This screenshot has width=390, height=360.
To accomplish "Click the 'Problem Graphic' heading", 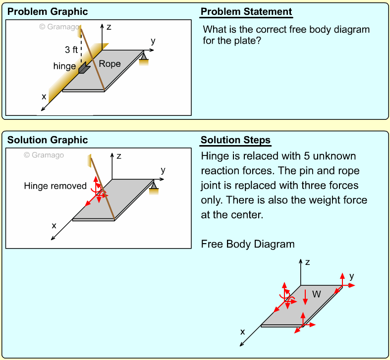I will click(48, 12).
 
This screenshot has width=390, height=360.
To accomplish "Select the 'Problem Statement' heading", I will click(246, 12).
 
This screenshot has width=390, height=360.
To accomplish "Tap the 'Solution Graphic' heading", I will click(48, 140).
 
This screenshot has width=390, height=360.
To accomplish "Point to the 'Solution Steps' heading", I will click(235, 140).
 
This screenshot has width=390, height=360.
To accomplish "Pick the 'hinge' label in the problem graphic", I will click(64, 66).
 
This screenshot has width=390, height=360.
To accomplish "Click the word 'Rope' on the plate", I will click(110, 64).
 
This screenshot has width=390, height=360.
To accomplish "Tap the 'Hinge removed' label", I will click(55, 186).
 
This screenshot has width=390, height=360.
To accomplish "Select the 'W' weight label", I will click(317, 294).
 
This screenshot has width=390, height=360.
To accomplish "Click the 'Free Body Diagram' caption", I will click(248, 244).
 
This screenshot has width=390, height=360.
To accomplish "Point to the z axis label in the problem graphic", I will click(109, 27).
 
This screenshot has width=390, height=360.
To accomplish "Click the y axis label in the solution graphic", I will click(163, 170).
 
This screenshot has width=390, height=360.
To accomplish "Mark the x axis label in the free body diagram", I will click(243, 332).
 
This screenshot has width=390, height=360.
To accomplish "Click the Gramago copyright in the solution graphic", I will click(44, 155).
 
